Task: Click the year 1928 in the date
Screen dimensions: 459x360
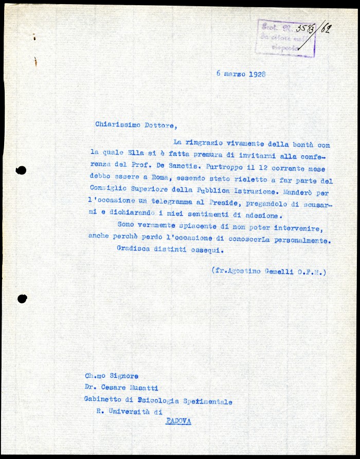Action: click(257, 74)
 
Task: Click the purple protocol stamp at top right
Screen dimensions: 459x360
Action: click(286, 38)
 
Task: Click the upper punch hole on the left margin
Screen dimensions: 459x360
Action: click(21, 170)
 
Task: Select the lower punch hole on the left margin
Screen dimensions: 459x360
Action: click(22, 298)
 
